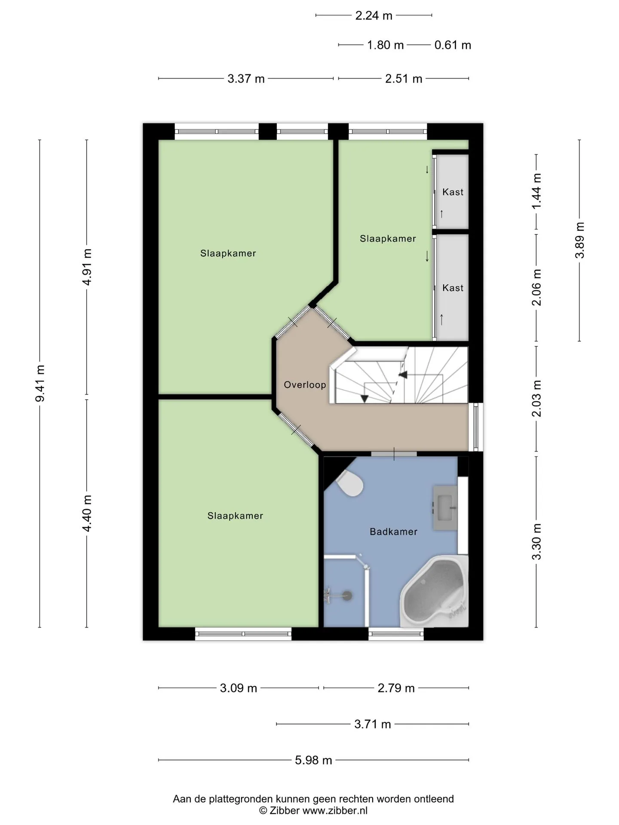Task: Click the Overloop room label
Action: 305,385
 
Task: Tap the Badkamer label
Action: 393,532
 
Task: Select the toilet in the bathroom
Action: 350,483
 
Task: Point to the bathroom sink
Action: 445,508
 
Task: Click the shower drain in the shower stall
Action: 346,596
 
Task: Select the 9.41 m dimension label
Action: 40,383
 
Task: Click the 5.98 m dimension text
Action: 313,760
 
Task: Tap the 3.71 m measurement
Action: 373,724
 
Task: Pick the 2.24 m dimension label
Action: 374,15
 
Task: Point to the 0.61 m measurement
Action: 453,45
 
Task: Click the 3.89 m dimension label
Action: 579,240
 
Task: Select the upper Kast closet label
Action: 453,192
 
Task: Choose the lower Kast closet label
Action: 453,287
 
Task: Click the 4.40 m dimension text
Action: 87,513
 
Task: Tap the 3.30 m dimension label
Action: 536,542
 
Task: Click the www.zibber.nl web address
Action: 335,810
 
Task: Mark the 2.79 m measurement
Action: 396,688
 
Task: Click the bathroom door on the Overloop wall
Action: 394,454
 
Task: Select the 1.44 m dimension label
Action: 536,192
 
